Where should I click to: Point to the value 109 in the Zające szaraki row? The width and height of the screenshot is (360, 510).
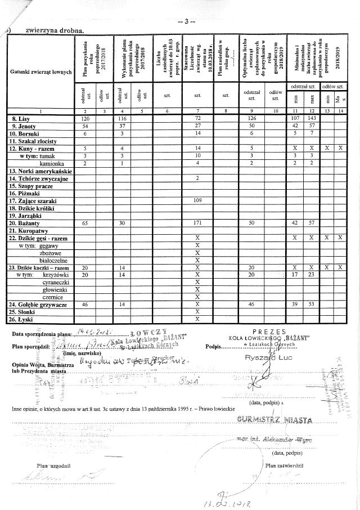tap(197, 201)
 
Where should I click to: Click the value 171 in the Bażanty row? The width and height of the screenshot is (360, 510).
tap(197, 223)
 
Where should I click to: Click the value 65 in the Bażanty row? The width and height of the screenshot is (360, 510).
tap(85, 223)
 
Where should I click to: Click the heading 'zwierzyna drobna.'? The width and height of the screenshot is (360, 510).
tap(51, 30)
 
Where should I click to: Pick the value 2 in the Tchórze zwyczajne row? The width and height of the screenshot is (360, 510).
tap(197, 178)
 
